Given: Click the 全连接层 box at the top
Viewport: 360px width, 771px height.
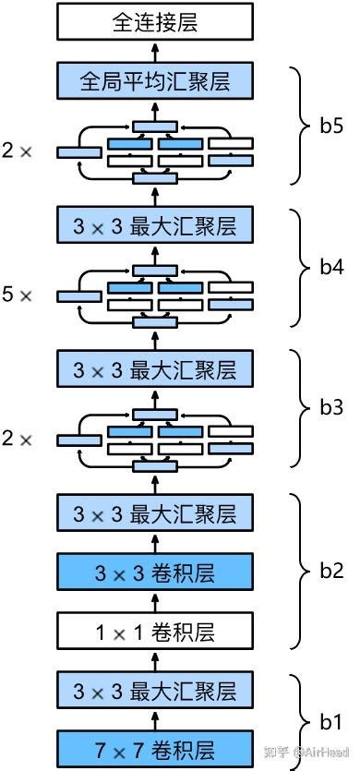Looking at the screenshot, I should click(x=154, y=20).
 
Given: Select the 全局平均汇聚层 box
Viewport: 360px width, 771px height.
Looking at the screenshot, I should click(x=154, y=80).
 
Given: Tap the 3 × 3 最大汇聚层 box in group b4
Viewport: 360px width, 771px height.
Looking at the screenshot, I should click(x=154, y=224).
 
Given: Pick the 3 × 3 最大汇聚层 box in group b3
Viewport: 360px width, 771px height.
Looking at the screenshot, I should click(x=154, y=368).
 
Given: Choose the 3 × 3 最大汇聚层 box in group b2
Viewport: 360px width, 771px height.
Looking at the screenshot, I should click(x=154, y=512).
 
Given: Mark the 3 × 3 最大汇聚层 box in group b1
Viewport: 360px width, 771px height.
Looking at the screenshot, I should click(x=154, y=689).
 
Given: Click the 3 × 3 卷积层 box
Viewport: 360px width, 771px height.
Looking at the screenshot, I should click(x=154, y=572).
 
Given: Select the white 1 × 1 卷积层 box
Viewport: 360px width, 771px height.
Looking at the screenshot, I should click(x=154, y=632).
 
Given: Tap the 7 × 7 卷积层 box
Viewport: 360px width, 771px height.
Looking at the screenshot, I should click(x=154, y=745).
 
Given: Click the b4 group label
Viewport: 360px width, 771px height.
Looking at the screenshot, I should click(x=331, y=267).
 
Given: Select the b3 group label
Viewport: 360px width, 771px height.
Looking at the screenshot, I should click(x=331, y=411).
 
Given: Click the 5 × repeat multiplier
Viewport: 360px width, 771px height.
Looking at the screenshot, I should click(x=18, y=295).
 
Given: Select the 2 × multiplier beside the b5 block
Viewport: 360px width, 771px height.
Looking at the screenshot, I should click(x=18, y=151).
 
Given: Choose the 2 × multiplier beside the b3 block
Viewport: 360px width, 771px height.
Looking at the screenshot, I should click(x=18, y=440).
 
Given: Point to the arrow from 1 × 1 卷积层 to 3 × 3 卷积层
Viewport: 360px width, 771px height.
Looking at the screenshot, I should click(x=154, y=602).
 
